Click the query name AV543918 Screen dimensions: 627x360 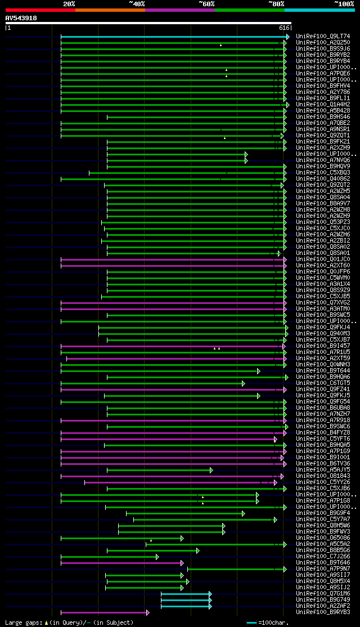click(x=21, y=18)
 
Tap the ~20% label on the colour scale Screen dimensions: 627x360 click(x=69, y=3)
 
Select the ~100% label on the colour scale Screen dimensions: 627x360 click(x=344, y=3)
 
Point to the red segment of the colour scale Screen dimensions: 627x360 click(x=40, y=10)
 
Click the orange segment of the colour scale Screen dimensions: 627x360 click(x=110, y=10)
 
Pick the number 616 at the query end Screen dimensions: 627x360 click(x=284, y=28)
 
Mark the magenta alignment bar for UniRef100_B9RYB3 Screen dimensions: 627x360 click(x=104, y=612)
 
